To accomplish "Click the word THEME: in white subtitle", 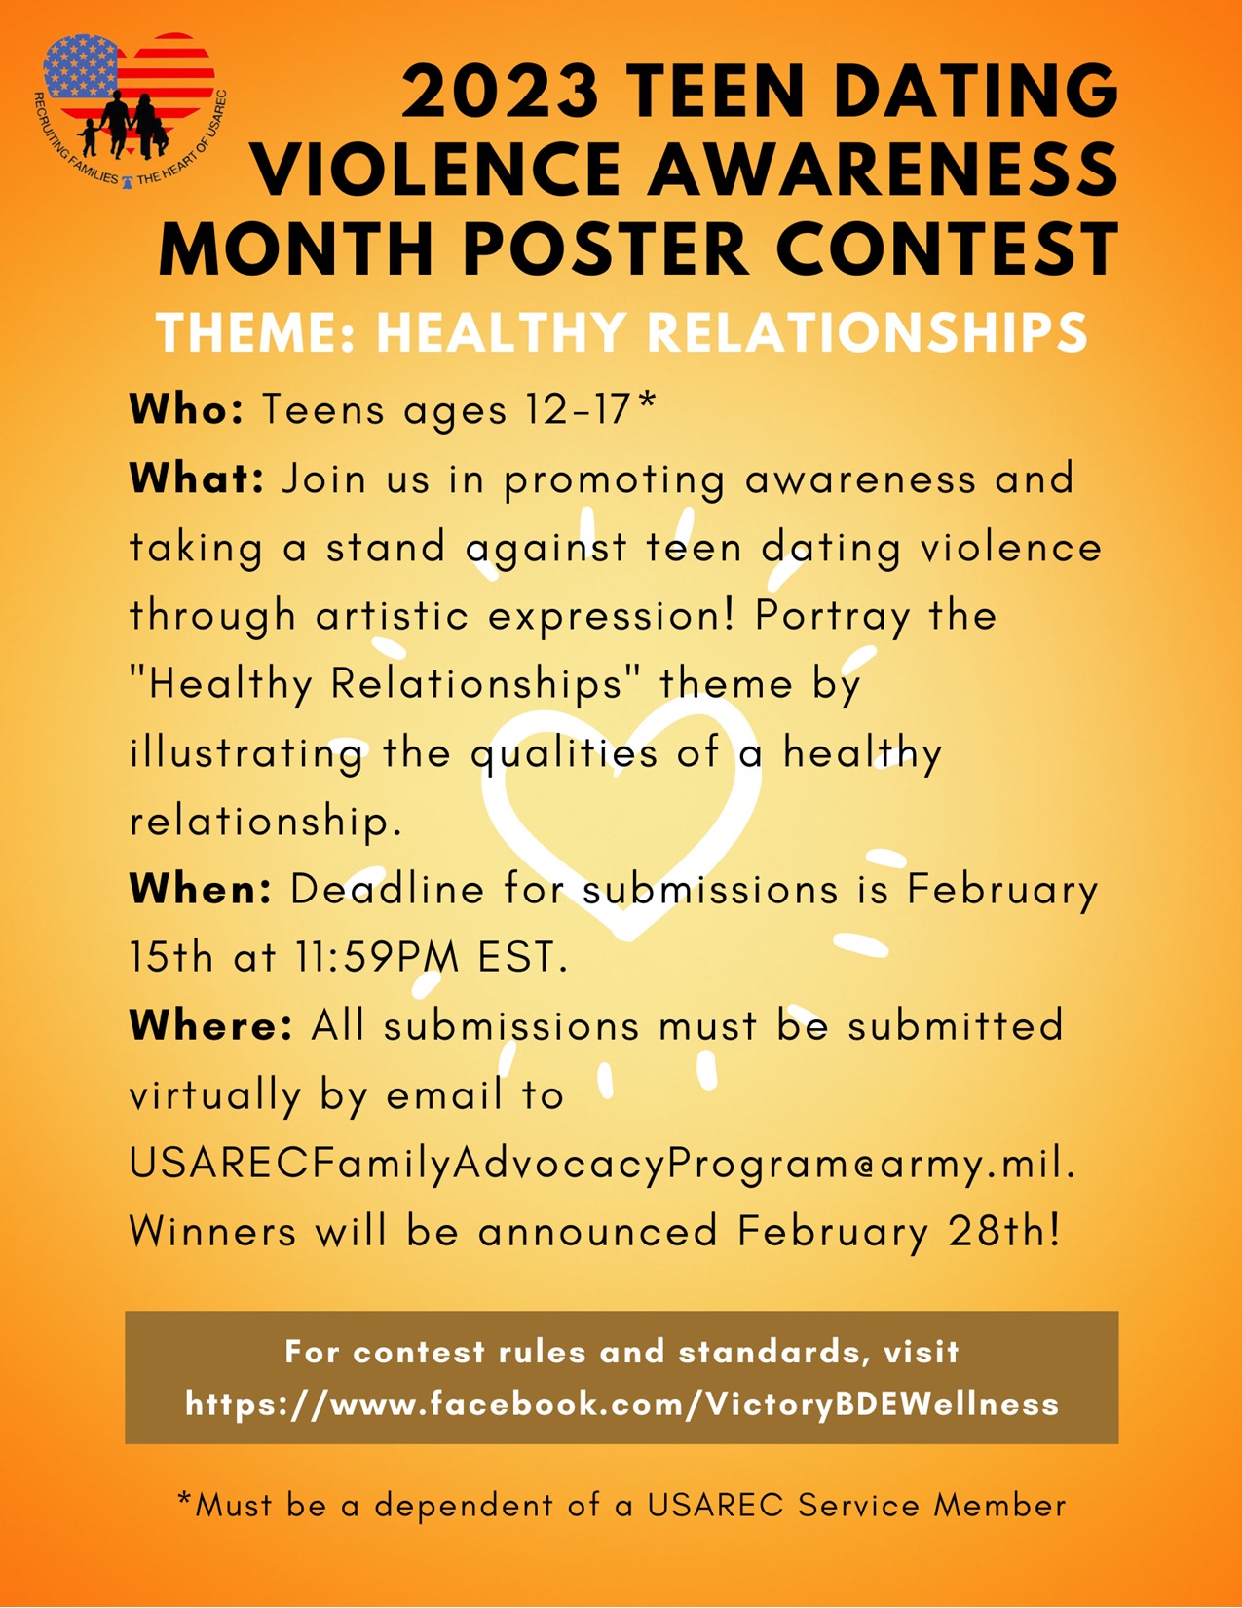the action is tap(257, 333).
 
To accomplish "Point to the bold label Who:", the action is tap(186, 408).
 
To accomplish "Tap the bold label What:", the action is tap(197, 478).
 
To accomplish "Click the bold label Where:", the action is tap(211, 1025).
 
